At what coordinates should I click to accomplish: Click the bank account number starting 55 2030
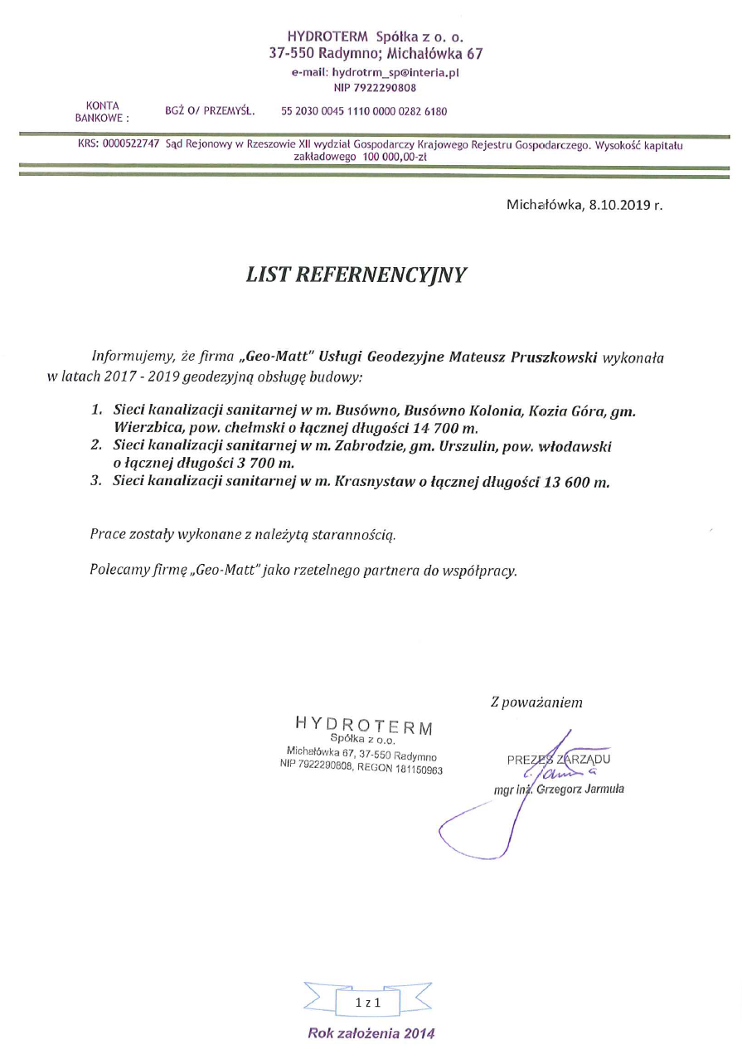364,111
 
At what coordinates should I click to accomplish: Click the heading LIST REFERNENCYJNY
356,275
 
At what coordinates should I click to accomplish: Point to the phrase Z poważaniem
536,702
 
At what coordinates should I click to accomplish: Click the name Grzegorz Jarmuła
580,789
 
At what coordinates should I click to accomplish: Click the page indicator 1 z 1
367,1003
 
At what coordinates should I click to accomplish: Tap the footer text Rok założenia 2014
371,1033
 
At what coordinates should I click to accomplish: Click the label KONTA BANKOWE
103,111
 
